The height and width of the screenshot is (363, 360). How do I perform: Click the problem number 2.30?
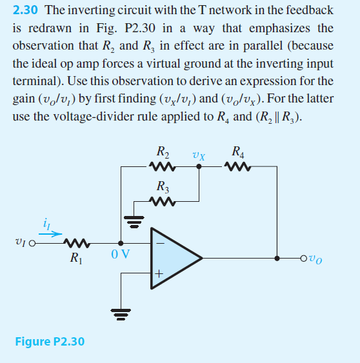[26, 11]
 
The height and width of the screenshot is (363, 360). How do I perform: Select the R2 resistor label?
[164, 154]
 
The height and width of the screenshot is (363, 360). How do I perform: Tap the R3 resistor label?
[164, 188]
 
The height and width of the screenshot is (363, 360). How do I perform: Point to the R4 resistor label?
[237, 154]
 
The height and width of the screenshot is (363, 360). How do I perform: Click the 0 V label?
[121, 253]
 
